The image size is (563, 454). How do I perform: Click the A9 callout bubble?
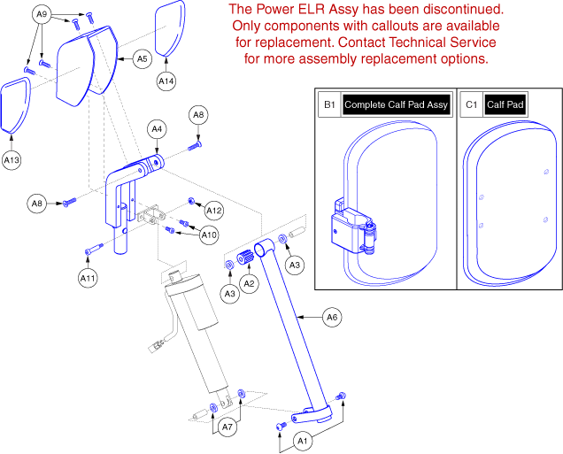[x=42, y=14]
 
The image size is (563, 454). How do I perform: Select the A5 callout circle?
[x=142, y=58]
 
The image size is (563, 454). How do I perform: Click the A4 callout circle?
[x=156, y=129]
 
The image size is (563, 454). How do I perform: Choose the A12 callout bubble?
[x=214, y=211]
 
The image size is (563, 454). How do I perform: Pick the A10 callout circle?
[x=209, y=235]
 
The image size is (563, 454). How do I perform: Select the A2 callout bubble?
[x=250, y=283]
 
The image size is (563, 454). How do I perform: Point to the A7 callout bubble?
[x=228, y=427]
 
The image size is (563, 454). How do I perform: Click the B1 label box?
[x=329, y=104]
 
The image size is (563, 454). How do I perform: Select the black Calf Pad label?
[x=505, y=104]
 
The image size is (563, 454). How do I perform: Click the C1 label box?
[x=470, y=104]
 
